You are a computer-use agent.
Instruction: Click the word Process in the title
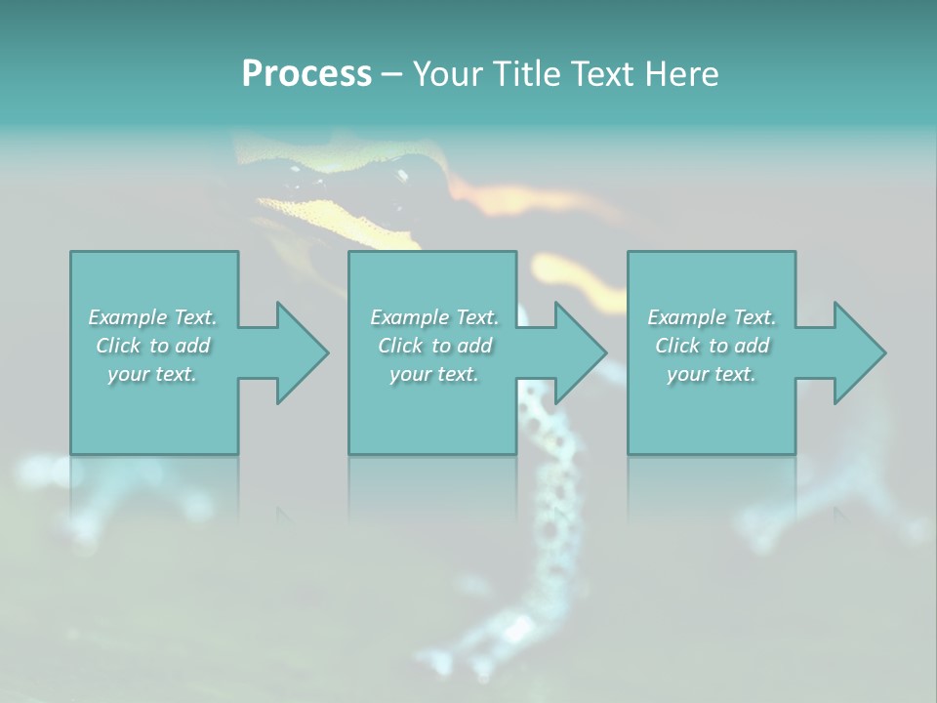(306, 74)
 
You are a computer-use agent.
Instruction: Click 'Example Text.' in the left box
(152, 317)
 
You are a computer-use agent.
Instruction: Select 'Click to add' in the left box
(152, 346)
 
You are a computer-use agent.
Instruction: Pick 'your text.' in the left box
(152, 374)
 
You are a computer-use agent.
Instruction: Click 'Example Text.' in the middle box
(434, 317)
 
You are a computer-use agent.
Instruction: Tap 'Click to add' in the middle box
(434, 346)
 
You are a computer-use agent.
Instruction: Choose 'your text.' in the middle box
(434, 374)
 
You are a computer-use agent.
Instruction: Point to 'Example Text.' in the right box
(712, 317)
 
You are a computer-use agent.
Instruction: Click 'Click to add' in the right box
(712, 346)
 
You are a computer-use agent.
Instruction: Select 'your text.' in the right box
(712, 374)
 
